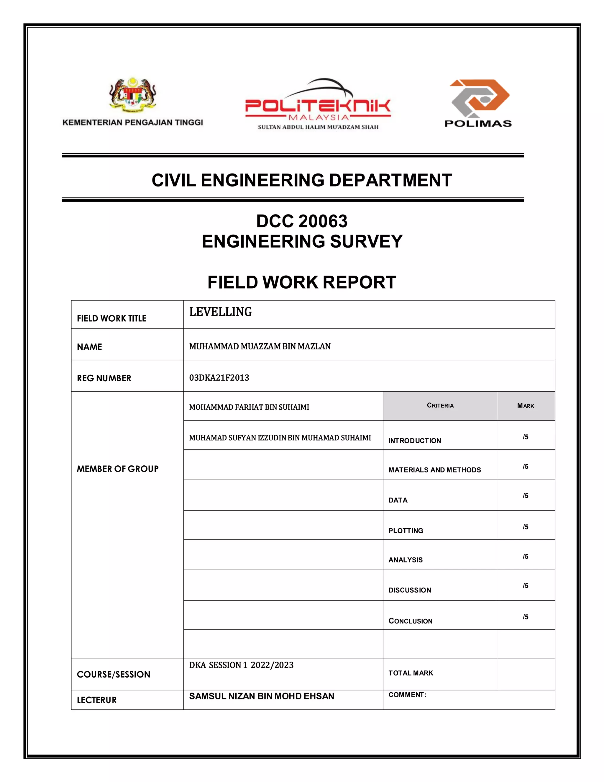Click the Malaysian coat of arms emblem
pos(133,94)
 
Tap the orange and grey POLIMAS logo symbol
pos(480,97)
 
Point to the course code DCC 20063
pos(302,221)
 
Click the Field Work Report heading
pos(302,282)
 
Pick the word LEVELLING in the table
pos(220,312)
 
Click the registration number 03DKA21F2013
pos(219,378)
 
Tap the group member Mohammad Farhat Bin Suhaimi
pos(249,407)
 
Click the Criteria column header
pos(440,405)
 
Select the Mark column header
pos(525,406)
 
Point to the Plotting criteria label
pos(406,531)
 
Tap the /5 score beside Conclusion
pos(525,617)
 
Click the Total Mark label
pos(411,673)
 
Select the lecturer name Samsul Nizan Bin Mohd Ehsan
pos(262,696)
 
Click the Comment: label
pos(408,695)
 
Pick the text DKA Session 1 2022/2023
pos(241,665)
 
